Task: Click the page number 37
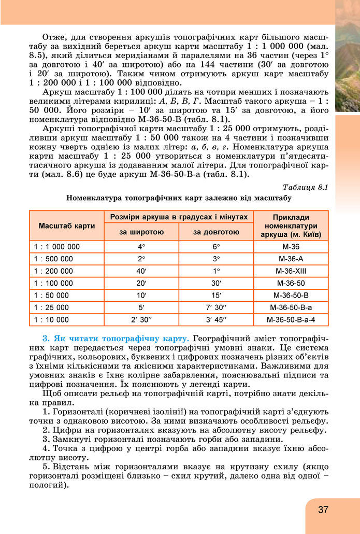tap(323, 510)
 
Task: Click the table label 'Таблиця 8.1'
tap(306, 187)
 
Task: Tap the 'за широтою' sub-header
tap(141, 232)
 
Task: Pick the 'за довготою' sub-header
tap(216, 232)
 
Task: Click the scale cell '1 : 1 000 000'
tap(57, 247)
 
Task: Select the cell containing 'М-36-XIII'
tap(291, 271)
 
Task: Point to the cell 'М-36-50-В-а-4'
tap(291, 319)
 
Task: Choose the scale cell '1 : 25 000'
tap(51, 307)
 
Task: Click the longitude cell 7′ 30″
tap(216, 307)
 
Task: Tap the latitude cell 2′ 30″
tap(141, 319)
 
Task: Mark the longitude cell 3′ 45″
tap(216, 319)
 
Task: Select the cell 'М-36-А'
tap(291, 259)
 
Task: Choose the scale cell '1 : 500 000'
tap(53, 259)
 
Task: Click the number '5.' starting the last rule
tap(47, 466)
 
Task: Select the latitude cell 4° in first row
tap(141, 247)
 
